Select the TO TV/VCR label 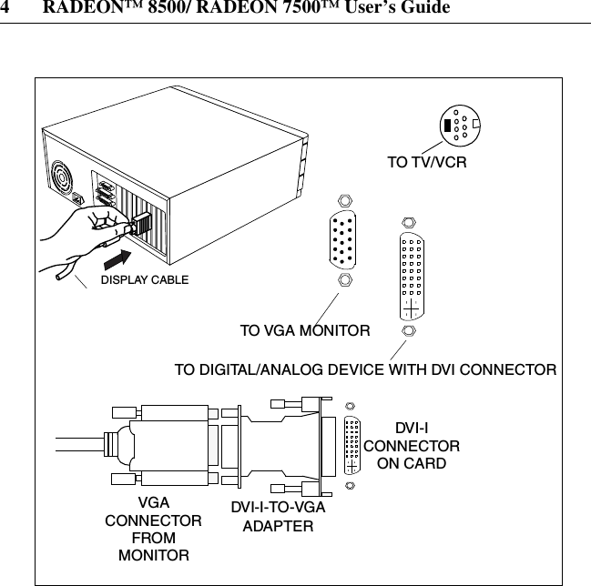tap(427, 165)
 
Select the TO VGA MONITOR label tap(304, 331)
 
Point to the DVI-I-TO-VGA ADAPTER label tap(277, 517)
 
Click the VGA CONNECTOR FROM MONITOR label tap(153, 529)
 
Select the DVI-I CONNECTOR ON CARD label tap(412, 446)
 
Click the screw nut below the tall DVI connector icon tap(411, 332)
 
